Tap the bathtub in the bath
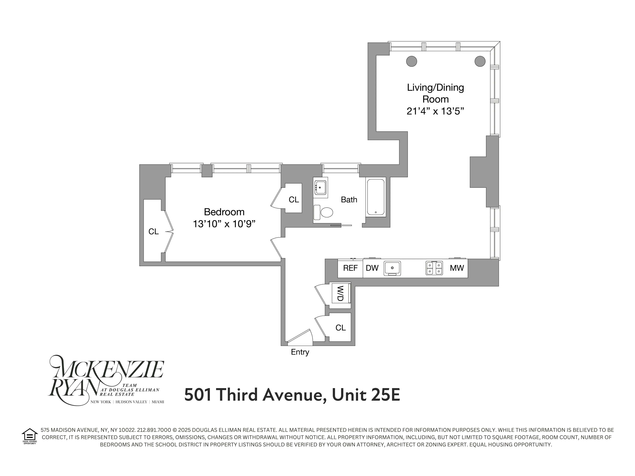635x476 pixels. pyautogui.click(x=376, y=197)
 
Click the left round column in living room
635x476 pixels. pyautogui.click(x=411, y=61)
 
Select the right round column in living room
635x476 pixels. pyautogui.click(x=480, y=61)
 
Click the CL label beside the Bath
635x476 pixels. pyautogui.click(x=294, y=200)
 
